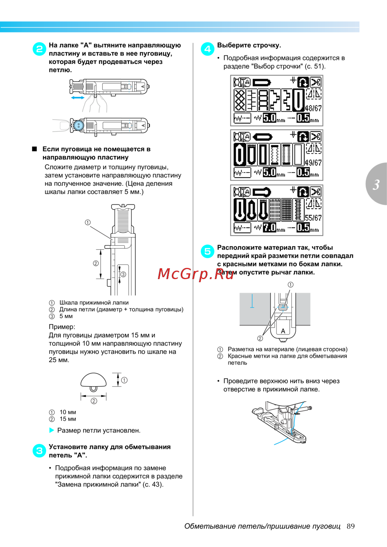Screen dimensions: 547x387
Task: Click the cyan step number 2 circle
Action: click(39, 49)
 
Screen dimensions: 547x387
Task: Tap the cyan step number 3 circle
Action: click(39, 451)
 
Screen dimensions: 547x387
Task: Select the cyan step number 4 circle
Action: click(207, 49)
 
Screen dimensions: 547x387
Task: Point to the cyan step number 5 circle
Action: click(207, 251)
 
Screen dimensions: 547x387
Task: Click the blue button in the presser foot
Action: click(79, 125)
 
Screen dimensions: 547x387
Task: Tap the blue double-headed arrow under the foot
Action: click(78, 98)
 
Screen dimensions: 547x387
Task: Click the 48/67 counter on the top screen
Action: click(313, 108)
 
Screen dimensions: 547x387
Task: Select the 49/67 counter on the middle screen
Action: click(313, 163)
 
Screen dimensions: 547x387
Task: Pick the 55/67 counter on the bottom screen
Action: click(313, 218)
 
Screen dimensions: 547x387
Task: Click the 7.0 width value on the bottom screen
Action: click(269, 228)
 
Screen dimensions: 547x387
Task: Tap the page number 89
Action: click(351, 526)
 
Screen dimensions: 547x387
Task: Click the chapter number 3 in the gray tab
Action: click(376, 185)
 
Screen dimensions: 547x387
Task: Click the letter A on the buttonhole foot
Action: click(283, 331)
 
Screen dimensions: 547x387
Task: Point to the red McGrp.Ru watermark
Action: click(196, 274)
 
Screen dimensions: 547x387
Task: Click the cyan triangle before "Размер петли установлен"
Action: click(52, 430)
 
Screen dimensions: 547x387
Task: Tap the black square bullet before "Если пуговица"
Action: click(34, 149)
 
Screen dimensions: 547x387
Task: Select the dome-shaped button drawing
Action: click(94, 381)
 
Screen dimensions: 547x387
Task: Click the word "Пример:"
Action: click(62, 327)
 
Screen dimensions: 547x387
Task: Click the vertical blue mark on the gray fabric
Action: click(252, 301)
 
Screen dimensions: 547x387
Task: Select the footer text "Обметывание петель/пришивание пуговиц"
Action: click(262, 526)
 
